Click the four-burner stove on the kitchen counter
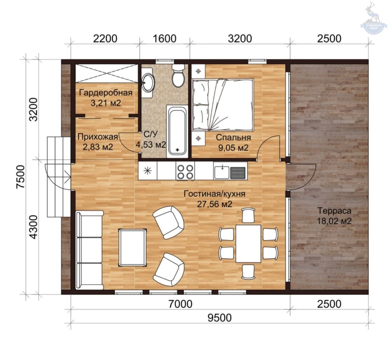[185, 171]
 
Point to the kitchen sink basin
[222, 172]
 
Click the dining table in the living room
[248, 243]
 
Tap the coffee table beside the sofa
[132, 247]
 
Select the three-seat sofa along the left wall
[89, 250]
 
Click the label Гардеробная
[106, 93]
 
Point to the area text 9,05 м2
[233, 148]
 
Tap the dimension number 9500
[220, 318]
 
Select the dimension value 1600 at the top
[164, 39]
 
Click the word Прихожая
[97, 137]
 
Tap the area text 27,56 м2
[215, 204]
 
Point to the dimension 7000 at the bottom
[180, 304]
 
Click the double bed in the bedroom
[223, 105]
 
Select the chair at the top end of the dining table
[248, 215]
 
